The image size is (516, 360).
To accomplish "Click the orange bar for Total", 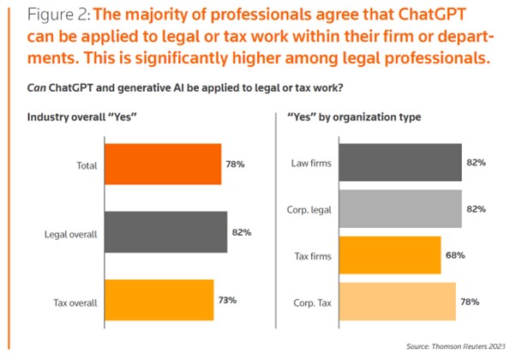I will (x=162, y=165).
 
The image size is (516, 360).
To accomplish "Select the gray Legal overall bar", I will (x=165, y=232).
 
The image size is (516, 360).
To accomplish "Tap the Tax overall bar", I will (x=158, y=301).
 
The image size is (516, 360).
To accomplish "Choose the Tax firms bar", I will (x=390, y=255).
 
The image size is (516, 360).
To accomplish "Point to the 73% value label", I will (x=226, y=301).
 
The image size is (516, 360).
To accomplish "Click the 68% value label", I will (x=454, y=255).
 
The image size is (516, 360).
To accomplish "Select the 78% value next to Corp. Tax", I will (x=470, y=302).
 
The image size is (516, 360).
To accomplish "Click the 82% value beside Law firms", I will (x=476, y=163).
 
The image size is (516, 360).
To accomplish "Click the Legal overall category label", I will (x=70, y=233).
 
